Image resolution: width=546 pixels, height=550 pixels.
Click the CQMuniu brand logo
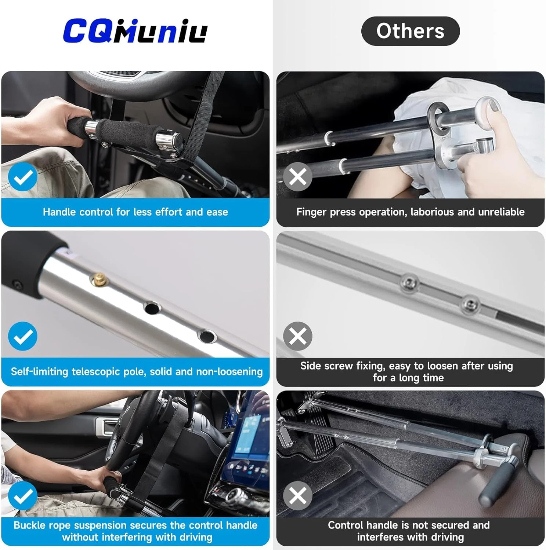coord(135,31)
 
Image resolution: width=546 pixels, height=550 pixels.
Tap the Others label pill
coord(410,31)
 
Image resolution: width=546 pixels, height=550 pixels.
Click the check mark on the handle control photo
coord(23,177)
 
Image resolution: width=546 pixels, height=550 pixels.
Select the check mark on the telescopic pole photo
coord(23,336)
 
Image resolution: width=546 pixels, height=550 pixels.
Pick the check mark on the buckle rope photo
coord(23,496)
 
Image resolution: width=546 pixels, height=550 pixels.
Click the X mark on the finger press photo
coord(298,177)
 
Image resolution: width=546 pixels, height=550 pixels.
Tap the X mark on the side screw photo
coord(298,336)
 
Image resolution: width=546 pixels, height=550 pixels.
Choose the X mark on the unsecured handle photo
coord(298,496)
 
